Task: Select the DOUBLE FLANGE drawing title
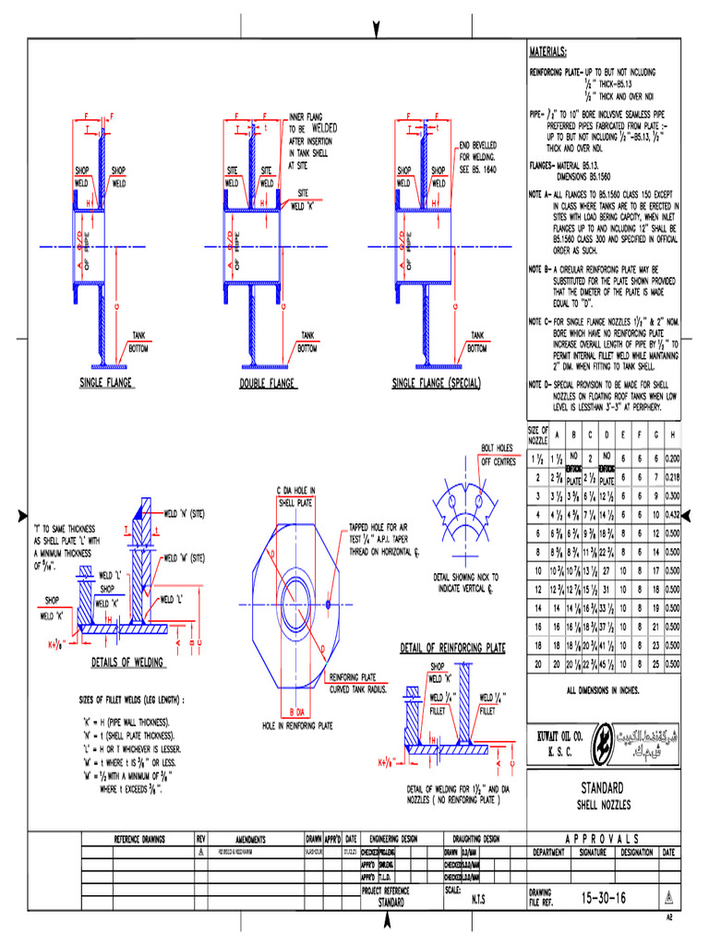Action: coord(266,382)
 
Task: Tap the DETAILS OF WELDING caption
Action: coord(128,663)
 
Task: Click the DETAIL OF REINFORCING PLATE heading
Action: coord(452,649)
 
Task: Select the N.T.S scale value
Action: coord(478,897)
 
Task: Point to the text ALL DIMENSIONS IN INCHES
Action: coord(603,689)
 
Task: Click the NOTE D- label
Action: coord(540,383)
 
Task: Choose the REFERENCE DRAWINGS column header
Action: coord(139,840)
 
